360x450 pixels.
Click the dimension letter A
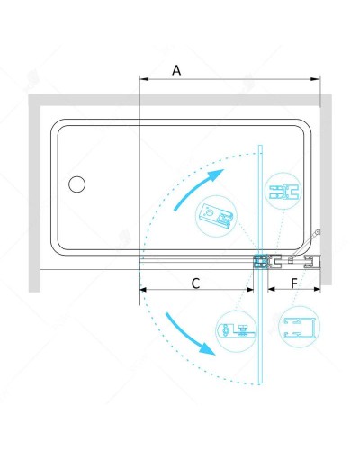176,70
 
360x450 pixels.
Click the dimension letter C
195,283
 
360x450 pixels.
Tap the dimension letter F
294,283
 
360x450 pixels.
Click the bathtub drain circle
76,184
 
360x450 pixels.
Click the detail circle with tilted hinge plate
216,216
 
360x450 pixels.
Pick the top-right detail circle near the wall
283,191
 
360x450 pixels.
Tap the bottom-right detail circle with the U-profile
299,327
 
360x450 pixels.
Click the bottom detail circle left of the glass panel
237,331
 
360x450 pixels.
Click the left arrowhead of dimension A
144,79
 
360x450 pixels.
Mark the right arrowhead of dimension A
316,79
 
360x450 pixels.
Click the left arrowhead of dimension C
144,290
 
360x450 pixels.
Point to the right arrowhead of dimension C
249,290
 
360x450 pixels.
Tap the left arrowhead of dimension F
272,289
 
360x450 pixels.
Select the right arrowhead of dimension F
317,289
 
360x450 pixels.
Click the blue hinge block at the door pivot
260,262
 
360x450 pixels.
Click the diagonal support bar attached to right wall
304,246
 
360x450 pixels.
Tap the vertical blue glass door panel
260,265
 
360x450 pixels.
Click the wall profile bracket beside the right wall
312,262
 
